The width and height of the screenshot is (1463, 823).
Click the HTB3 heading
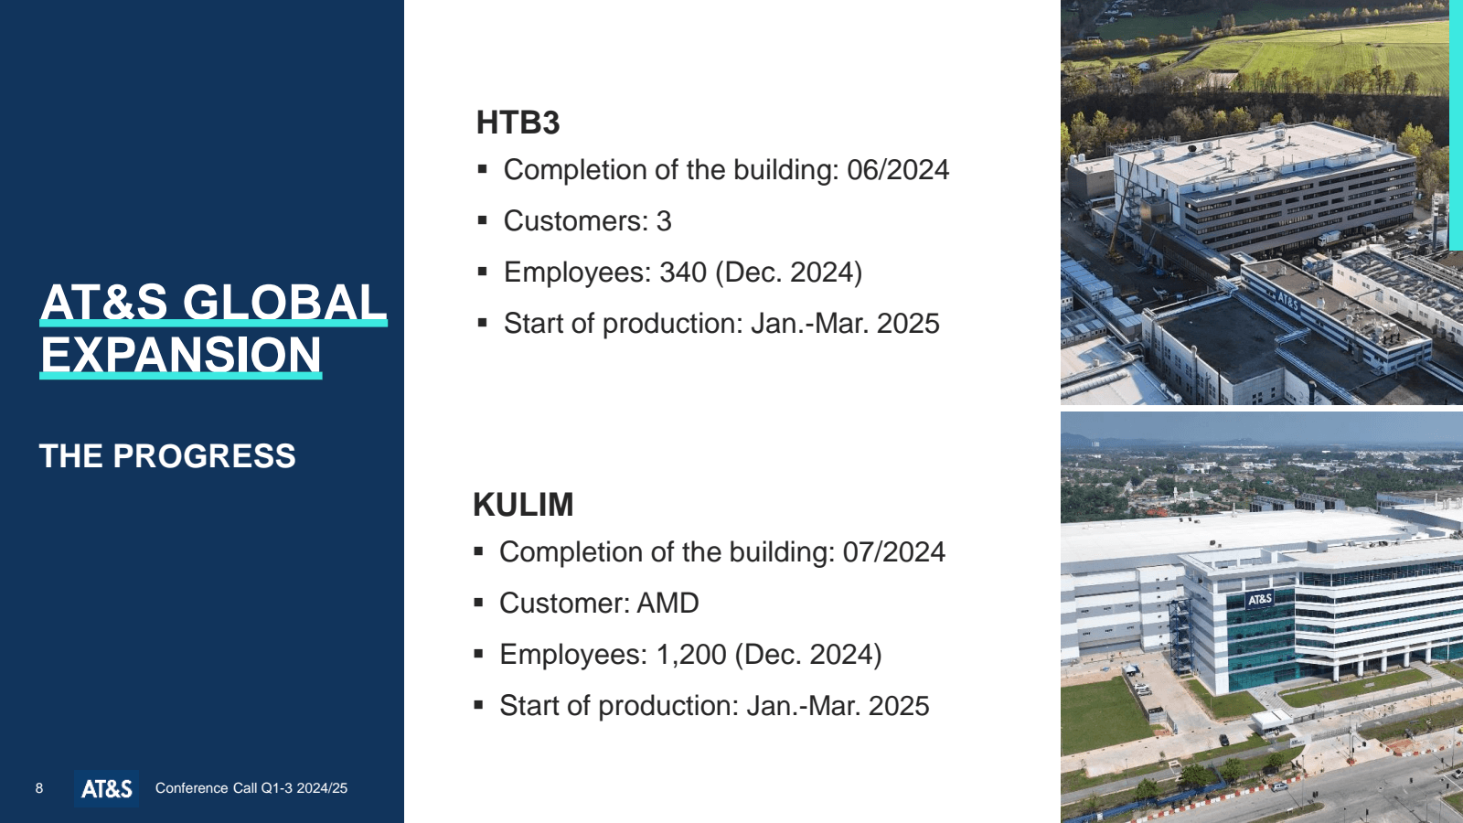tap(518, 123)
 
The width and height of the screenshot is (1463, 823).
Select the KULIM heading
tap(523, 505)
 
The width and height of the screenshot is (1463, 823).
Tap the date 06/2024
tap(898, 170)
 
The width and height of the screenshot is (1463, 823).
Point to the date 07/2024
tap(894, 552)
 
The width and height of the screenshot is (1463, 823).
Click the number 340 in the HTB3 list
tap(683, 273)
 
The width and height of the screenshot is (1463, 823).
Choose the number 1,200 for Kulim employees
tap(691, 655)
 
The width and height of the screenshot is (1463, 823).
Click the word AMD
tap(667, 603)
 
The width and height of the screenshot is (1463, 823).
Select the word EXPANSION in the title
tap(181, 355)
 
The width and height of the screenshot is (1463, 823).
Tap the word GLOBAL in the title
tap(284, 302)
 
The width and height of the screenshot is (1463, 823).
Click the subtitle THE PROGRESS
tap(167, 456)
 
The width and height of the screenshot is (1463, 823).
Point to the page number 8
tap(39, 788)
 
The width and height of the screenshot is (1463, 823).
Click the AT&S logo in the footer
tap(106, 788)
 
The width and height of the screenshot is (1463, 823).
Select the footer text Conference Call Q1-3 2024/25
tap(251, 788)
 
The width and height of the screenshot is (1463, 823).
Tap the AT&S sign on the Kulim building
tap(1260, 599)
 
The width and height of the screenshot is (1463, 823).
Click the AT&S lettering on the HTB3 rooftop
tap(1287, 301)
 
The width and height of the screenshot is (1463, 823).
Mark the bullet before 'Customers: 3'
tap(483, 220)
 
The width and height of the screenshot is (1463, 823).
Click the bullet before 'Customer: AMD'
tap(479, 603)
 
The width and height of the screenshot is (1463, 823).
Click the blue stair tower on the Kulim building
tap(1180, 636)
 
